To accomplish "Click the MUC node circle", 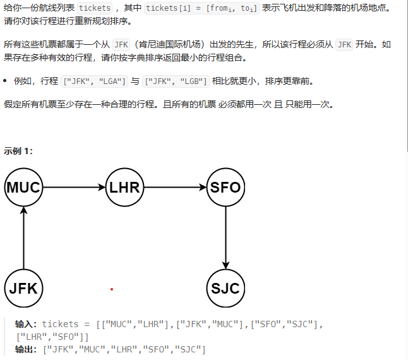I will click(x=23, y=188).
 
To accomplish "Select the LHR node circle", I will click(x=124, y=188).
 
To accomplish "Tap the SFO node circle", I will click(x=225, y=188).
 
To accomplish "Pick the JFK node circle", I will click(x=23, y=289).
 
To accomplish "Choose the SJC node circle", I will click(x=225, y=289).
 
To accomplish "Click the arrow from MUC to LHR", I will click(x=74, y=188).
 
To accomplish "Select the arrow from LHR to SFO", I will click(x=175, y=188).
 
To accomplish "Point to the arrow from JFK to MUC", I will click(x=23, y=238).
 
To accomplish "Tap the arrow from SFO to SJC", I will click(x=225, y=238).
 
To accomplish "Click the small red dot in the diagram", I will click(x=111, y=289).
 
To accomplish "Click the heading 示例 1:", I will click(x=18, y=150).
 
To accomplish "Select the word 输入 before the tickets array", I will click(x=26, y=324).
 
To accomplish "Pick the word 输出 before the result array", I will click(x=26, y=349).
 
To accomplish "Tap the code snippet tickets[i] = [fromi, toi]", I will click(x=201, y=9).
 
